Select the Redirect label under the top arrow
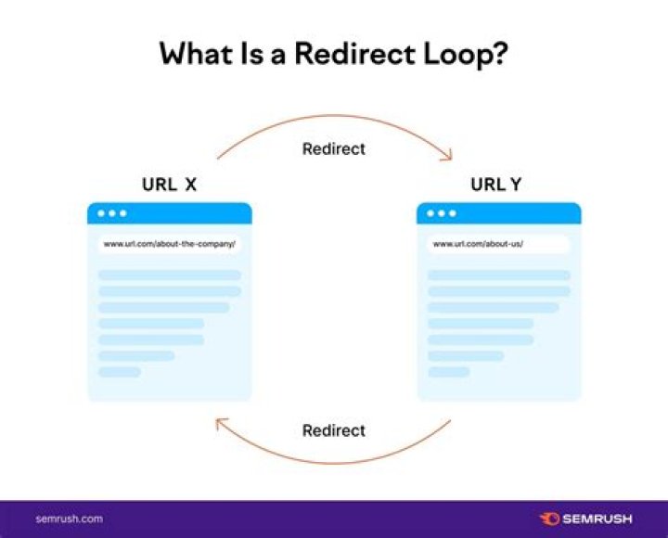click(334, 148)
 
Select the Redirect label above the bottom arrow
click(334, 430)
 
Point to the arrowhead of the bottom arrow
click(221, 424)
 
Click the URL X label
click(169, 185)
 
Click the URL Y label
click(495, 185)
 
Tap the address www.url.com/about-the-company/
click(169, 244)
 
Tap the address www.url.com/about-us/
click(478, 244)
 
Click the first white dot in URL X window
click(100, 213)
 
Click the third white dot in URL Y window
click(453, 213)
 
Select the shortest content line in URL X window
click(120, 372)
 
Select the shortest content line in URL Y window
click(449, 372)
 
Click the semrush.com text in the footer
click(69, 519)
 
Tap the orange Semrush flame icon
click(548, 519)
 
